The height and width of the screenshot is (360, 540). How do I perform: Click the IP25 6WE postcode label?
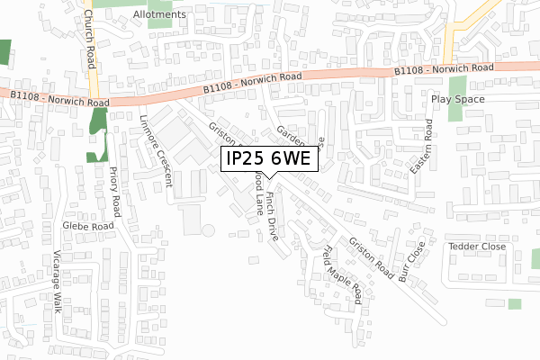click(x=269, y=158)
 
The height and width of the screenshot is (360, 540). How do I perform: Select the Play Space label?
click(x=457, y=99)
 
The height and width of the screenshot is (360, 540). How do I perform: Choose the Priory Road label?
click(x=114, y=192)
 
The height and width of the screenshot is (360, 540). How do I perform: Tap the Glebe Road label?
click(x=88, y=226)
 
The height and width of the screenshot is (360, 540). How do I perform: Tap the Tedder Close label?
click(x=472, y=246)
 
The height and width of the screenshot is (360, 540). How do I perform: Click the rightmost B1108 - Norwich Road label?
click(x=445, y=69)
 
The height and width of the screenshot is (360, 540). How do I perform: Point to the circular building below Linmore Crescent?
click(x=209, y=231)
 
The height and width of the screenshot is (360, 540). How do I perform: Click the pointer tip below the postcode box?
click(x=269, y=180)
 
